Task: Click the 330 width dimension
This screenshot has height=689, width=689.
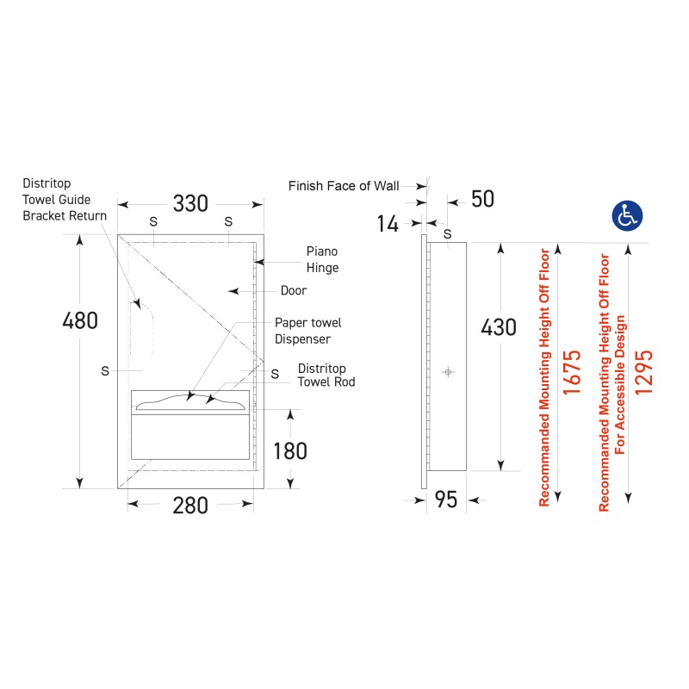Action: click(190, 203)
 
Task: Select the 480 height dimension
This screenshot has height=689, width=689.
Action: click(80, 320)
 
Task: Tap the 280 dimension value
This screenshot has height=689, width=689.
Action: click(190, 506)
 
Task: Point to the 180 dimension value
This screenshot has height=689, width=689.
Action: click(290, 451)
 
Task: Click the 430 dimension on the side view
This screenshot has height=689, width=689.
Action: click(499, 327)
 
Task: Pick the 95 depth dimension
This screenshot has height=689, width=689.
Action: click(446, 500)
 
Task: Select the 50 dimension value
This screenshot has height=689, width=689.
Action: click(482, 199)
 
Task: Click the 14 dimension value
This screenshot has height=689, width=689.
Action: click(388, 224)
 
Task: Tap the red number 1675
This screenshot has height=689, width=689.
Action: click(572, 372)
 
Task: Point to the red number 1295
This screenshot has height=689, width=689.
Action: click(643, 372)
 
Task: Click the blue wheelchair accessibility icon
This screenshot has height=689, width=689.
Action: click(627, 216)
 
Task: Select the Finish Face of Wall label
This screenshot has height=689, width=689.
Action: click(344, 186)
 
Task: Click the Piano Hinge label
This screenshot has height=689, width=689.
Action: click(322, 259)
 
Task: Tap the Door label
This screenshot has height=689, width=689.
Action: click(294, 290)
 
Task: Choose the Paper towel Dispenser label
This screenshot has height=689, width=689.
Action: click(308, 331)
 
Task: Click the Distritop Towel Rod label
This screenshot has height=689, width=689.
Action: click(326, 375)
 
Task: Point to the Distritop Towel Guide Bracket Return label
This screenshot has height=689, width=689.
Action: click(65, 200)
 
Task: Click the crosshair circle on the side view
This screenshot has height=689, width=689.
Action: click(448, 372)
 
